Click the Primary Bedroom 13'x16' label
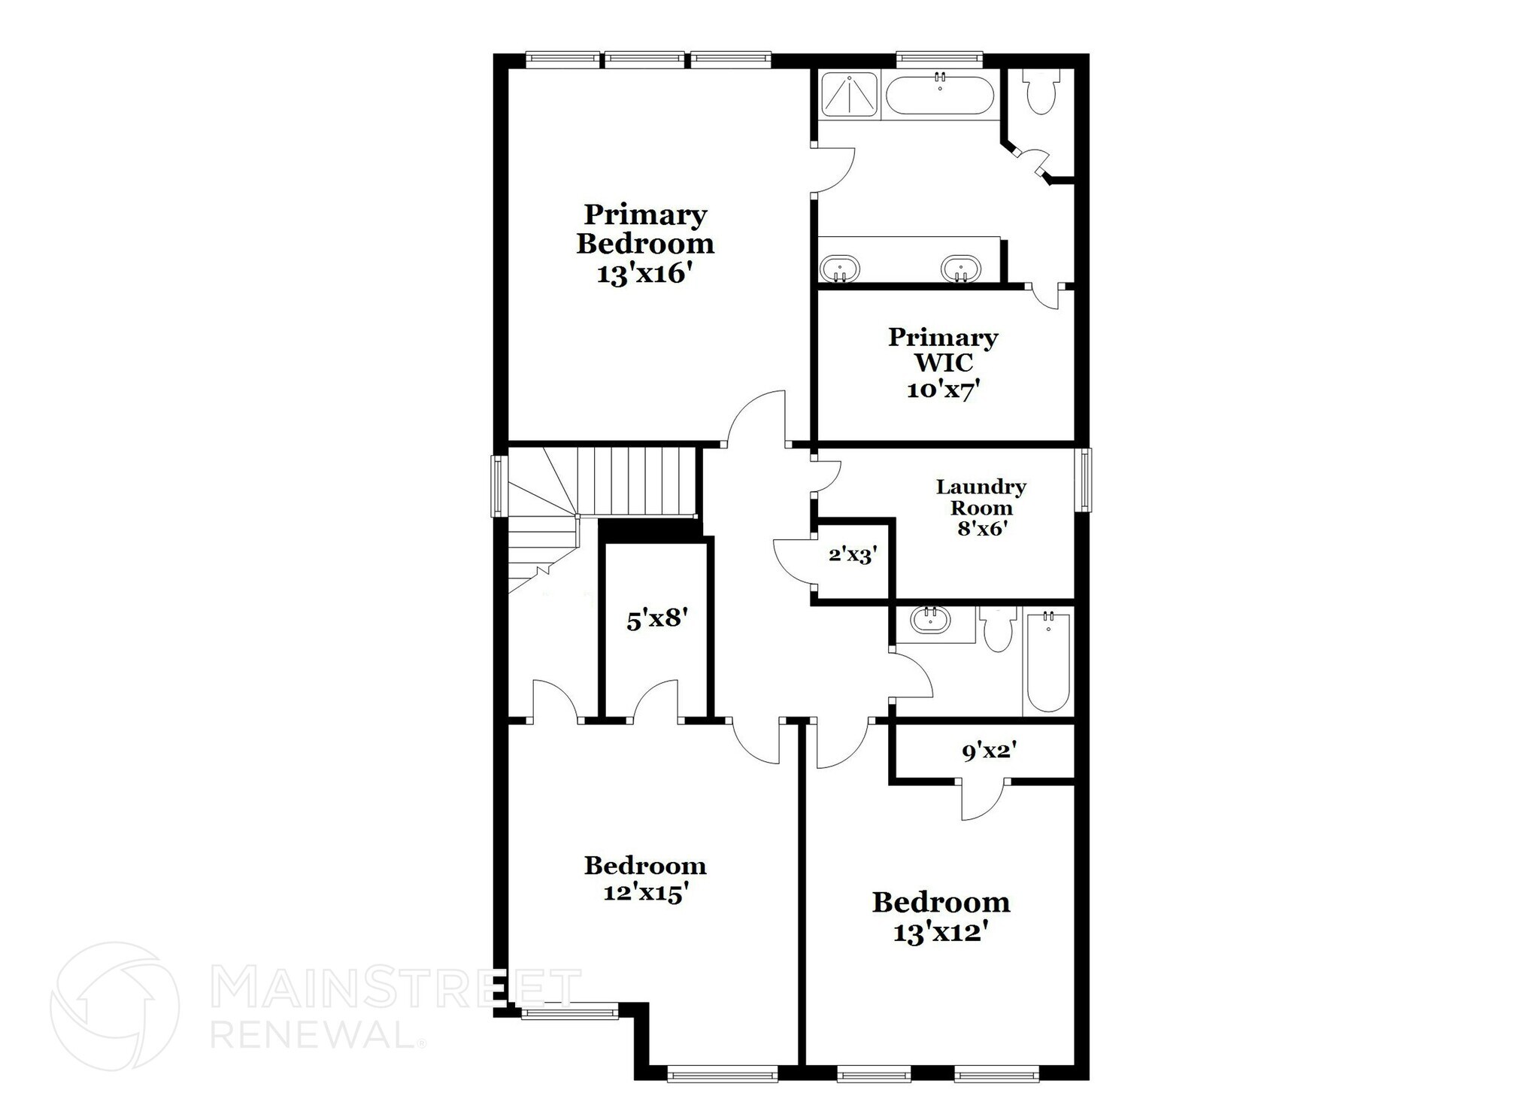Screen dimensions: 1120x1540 (644, 244)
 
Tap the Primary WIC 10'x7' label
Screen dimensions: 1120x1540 (943, 363)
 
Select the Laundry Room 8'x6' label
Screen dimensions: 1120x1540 (981, 507)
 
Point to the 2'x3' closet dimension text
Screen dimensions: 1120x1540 (853, 555)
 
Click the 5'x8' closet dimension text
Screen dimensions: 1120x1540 (657, 620)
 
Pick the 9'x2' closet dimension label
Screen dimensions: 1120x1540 (989, 750)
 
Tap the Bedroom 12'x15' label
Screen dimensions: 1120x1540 (645, 879)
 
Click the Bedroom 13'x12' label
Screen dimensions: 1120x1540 (941, 916)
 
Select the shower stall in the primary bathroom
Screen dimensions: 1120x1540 (848, 95)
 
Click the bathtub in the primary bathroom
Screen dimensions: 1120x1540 (940, 96)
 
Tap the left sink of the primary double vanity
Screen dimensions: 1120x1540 (839, 268)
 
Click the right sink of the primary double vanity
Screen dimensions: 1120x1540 (960, 268)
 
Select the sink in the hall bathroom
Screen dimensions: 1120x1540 (930, 621)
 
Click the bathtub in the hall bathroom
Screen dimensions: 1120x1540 (1047, 662)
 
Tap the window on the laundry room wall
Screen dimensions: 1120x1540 (1084, 480)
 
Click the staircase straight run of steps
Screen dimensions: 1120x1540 (639, 481)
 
